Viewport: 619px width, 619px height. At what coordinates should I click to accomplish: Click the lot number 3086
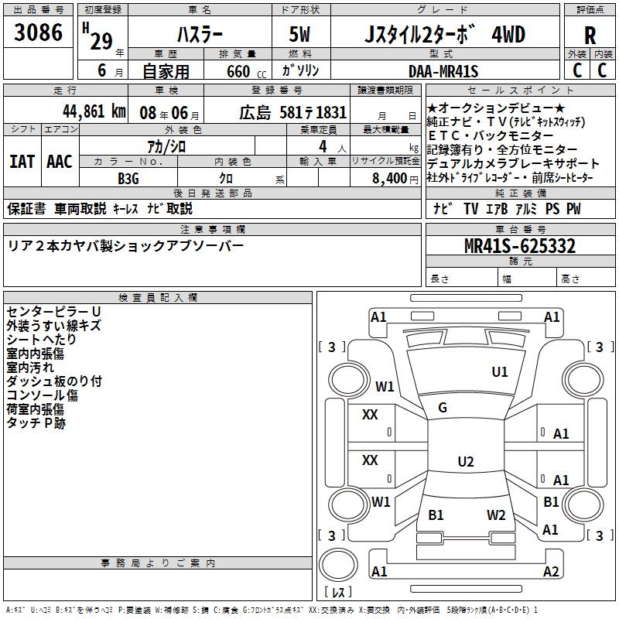[x=39, y=33]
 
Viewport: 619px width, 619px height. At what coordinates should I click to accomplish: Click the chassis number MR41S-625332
[x=519, y=246]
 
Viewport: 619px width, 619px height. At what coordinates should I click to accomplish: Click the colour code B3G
[x=128, y=179]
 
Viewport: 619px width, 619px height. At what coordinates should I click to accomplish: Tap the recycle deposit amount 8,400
[x=388, y=179]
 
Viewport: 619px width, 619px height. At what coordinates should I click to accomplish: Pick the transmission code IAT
[x=22, y=162]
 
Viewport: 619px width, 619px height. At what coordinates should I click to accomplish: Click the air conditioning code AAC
[x=59, y=162]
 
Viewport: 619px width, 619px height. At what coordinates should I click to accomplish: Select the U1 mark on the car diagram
[x=500, y=372]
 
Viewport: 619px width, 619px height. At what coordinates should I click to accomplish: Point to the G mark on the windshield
[x=443, y=408]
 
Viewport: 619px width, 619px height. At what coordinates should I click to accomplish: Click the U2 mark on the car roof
[x=465, y=462]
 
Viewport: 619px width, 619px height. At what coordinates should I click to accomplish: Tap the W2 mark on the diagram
[x=496, y=515]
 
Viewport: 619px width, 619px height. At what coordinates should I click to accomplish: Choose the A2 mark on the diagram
[x=551, y=572]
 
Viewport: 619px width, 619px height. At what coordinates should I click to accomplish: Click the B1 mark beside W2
[x=436, y=515]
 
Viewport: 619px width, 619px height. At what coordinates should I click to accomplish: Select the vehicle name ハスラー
[x=200, y=35]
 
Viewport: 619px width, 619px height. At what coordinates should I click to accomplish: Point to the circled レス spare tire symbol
[x=338, y=593]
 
